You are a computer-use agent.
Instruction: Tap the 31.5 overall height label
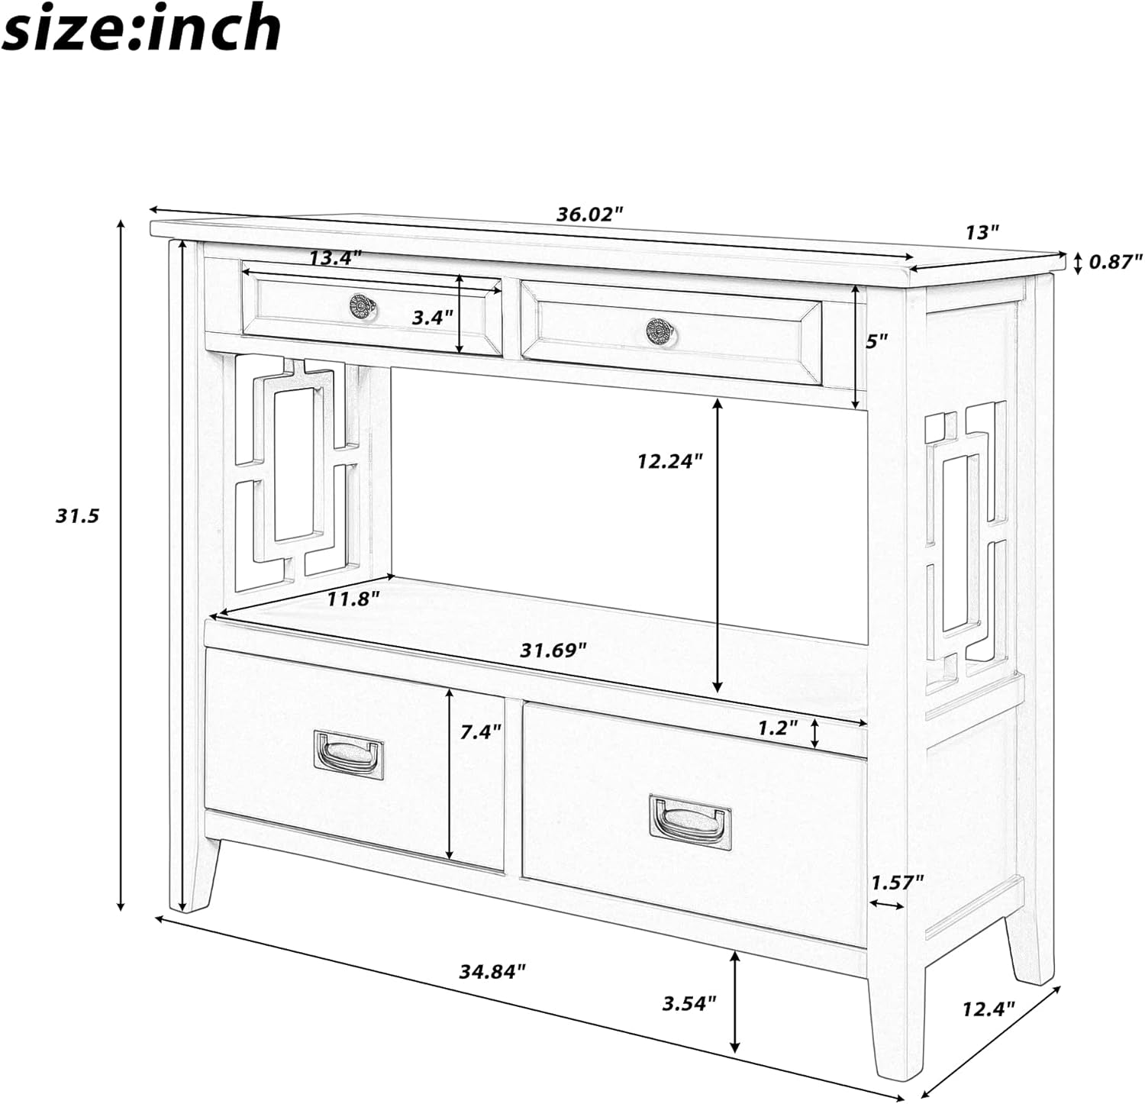pos(77,516)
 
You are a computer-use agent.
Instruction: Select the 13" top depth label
pos(982,232)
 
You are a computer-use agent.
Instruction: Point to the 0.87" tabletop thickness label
pos(1115,262)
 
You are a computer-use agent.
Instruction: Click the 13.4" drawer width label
pos(335,258)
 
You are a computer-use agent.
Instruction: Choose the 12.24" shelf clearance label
pos(669,461)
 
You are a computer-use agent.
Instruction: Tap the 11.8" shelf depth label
pos(353,599)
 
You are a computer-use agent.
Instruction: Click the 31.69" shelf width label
pos(553,650)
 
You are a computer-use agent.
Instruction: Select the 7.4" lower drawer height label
pos(481,731)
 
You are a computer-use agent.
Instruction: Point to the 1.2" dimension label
pos(778,728)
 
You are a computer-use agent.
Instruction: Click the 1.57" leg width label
pos(898,882)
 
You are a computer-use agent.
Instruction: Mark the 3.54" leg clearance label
pos(689,1002)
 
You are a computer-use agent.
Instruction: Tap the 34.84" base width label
pos(493,971)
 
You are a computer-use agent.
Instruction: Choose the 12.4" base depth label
pos(988,1009)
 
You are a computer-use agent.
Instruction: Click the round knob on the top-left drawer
pos(363,305)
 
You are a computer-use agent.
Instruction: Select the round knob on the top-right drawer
pos(660,331)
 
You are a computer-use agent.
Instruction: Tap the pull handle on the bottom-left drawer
pos(349,755)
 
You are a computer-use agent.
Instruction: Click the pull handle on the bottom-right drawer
pos(690,821)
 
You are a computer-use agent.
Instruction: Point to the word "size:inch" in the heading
pos(143,28)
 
